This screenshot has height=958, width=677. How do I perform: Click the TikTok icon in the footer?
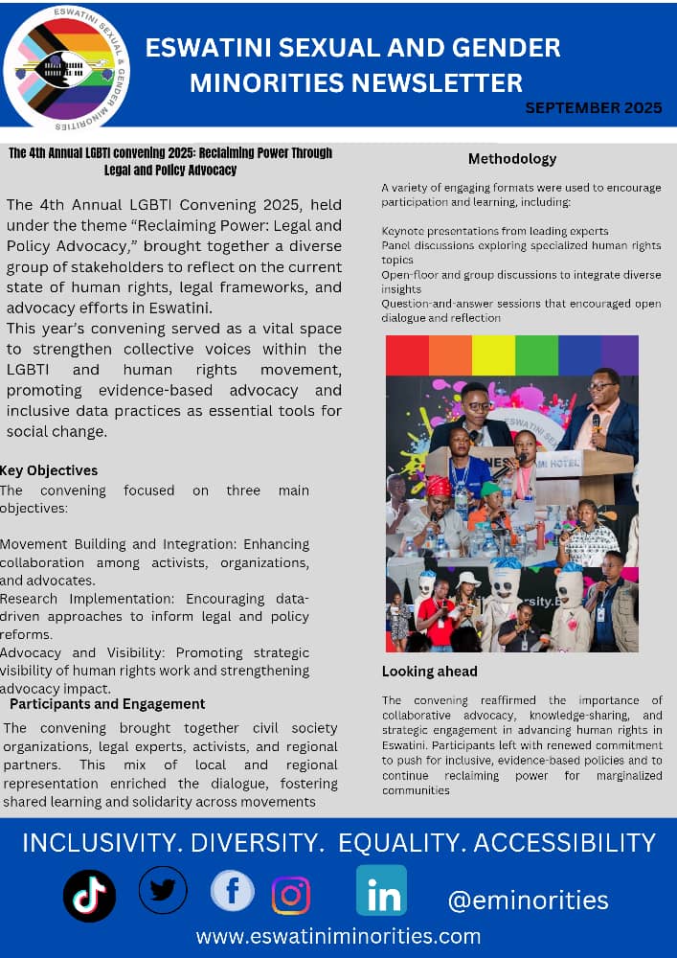(89, 896)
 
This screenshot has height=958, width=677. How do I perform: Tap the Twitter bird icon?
(163, 890)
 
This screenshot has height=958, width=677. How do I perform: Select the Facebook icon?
(232, 892)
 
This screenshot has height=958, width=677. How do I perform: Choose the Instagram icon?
(291, 895)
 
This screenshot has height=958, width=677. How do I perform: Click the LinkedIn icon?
(381, 890)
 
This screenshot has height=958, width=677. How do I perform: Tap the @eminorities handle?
(528, 901)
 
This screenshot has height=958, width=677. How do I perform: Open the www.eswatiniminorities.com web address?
(339, 936)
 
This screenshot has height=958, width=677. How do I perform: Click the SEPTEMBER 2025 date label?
(594, 107)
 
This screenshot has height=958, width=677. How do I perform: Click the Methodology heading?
(512, 159)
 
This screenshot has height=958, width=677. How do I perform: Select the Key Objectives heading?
(49, 470)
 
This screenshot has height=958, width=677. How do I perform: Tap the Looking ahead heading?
(430, 672)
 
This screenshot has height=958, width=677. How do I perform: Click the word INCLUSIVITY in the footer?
(101, 843)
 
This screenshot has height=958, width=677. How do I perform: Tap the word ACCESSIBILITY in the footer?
(565, 843)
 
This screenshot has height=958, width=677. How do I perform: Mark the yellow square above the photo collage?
(492, 354)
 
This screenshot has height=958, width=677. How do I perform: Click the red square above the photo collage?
(407, 354)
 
